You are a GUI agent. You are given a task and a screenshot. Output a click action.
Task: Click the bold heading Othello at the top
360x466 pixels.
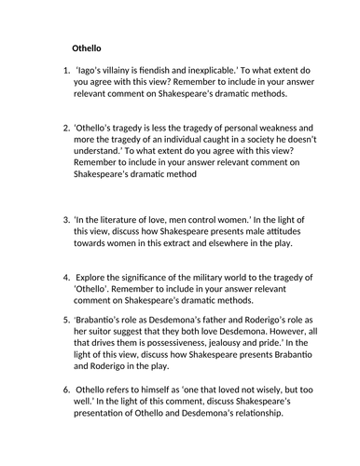[x=91, y=48]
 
